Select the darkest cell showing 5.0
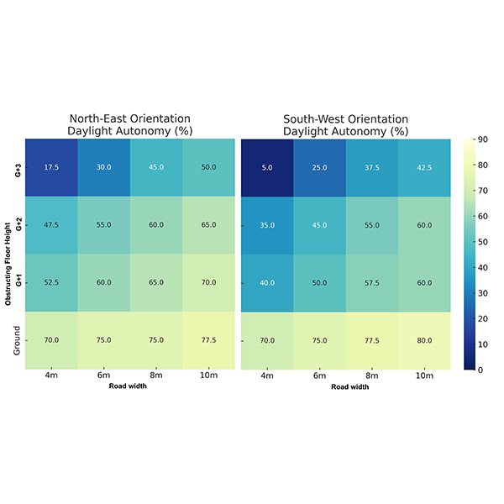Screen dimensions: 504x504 click(267, 167)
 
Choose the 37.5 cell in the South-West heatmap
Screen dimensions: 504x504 click(371, 167)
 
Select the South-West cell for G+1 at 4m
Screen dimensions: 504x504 click(267, 282)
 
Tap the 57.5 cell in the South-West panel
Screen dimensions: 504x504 click(371, 282)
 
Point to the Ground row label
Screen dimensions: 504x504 click(18, 340)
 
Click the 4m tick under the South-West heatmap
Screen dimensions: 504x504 click(267, 377)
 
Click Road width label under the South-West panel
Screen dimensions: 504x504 click(345, 387)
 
